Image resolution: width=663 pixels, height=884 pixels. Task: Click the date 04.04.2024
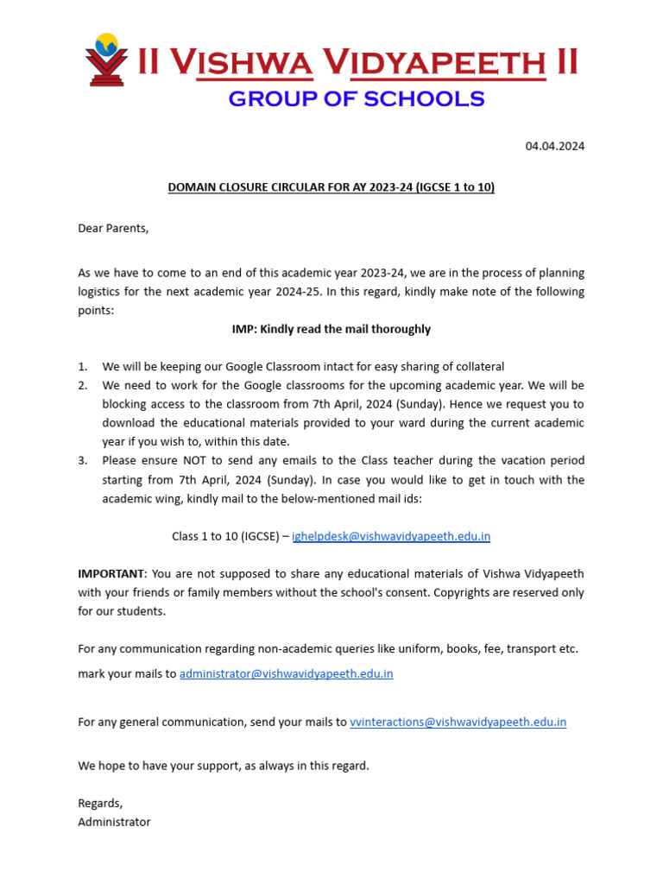(555, 146)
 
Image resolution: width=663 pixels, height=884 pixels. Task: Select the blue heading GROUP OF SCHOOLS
(356, 99)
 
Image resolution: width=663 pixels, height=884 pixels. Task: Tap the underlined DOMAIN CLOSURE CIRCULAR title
(331, 187)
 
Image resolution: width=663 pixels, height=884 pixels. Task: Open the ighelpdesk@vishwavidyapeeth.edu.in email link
(391, 536)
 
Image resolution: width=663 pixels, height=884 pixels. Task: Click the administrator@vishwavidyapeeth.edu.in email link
(286, 673)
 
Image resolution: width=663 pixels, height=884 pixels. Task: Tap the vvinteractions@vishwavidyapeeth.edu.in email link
(458, 722)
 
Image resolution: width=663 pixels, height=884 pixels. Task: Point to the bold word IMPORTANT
(111, 574)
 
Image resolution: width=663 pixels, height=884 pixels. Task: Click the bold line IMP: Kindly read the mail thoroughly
(331, 329)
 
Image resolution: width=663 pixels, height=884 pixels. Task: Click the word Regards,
(100, 803)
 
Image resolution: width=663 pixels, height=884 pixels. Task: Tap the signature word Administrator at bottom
(114, 822)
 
